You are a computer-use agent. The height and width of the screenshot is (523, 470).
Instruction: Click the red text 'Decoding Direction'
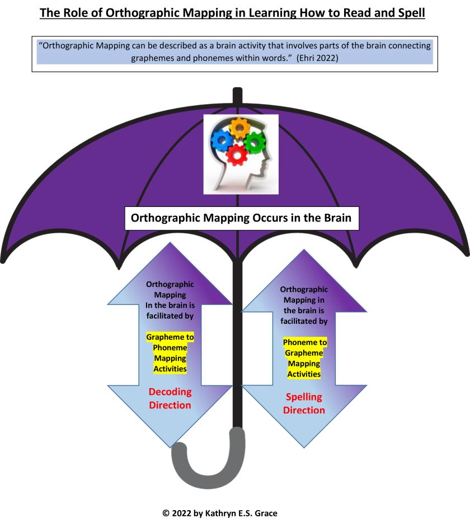coord(170,398)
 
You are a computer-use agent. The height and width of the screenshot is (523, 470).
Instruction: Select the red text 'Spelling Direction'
coord(304,403)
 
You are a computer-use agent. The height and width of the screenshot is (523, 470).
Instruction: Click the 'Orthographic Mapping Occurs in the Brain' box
coord(241,218)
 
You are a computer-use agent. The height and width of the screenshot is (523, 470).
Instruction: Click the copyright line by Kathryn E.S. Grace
coord(236,513)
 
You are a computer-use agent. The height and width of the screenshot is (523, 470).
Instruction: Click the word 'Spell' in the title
coord(410,12)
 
